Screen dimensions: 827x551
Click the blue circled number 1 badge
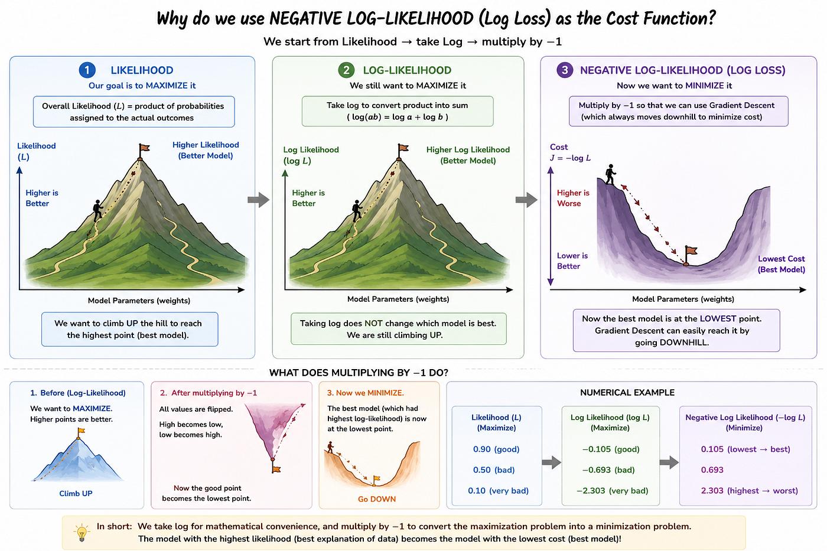87,70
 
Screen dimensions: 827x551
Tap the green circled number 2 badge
346,70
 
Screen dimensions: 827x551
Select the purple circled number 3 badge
565,70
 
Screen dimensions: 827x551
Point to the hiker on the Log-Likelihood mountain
357,211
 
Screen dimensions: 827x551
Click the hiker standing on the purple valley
610,174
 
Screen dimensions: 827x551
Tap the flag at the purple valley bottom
690,255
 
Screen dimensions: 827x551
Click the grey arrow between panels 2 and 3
526,200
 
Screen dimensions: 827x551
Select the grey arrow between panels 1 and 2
259,200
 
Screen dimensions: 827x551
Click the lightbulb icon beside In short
82,533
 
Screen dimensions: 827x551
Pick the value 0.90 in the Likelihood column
482,449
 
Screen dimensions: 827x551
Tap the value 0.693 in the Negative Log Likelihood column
712,470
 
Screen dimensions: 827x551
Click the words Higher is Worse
573,198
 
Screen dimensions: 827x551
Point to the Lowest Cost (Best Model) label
781,264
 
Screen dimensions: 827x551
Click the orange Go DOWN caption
377,499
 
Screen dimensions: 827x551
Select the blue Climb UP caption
76,494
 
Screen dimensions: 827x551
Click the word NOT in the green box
373,323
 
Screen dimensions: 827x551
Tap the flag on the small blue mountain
81,432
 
